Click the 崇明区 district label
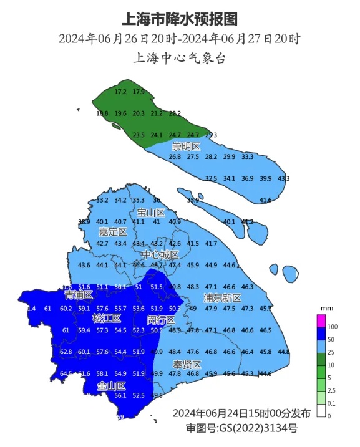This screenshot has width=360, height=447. click(187, 147)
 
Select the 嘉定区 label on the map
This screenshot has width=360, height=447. click(113, 232)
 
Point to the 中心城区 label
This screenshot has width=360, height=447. click(160, 255)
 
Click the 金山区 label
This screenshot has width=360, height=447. click(112, 387)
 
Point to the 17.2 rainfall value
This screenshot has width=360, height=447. click(121, 92)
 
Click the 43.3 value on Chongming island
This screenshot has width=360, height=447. click(284, 178)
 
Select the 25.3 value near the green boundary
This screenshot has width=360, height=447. click(212, 135)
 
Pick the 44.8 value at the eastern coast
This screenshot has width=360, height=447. click(284, 352)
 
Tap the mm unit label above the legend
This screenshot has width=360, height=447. click(326, 309)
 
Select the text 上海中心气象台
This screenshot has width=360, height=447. click(180, 59)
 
